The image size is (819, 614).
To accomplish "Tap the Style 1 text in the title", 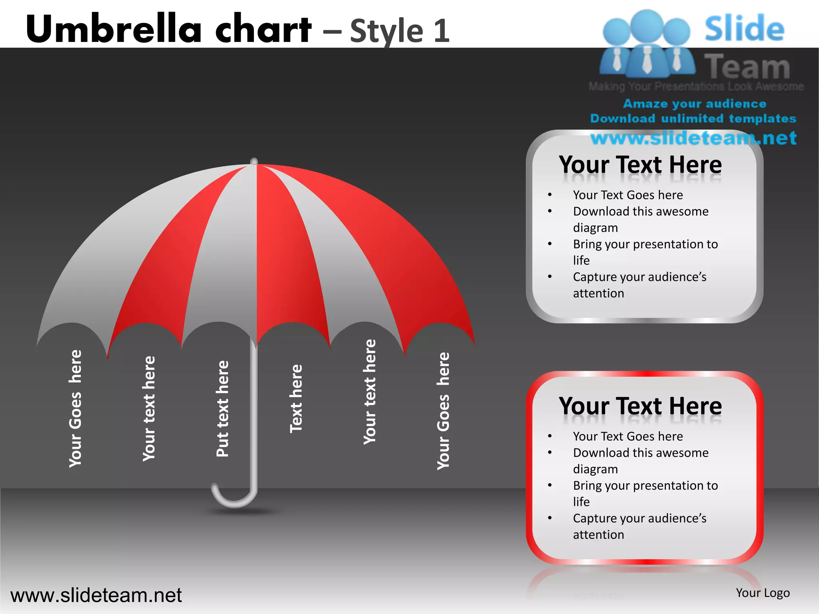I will pos(400,31).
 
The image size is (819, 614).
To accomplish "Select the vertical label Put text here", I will pos(222,409).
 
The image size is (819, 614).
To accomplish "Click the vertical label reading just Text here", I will pos(296,399).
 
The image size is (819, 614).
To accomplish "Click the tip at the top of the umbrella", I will pos(254,161).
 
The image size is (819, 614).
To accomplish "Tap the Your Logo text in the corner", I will pos(763,593).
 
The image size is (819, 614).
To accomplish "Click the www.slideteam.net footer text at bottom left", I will pos(96,595).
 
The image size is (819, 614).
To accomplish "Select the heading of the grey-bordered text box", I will pos(640,165).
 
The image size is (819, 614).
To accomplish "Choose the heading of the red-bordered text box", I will pos(640,406).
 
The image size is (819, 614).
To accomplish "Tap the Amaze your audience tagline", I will pos(695,104).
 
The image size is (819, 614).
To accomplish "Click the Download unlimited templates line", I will pos(693,119).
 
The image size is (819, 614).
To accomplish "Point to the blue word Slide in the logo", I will pos(744,29).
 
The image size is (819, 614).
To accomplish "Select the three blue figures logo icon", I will pos(647,44).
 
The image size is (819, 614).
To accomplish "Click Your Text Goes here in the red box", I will pos(627,436).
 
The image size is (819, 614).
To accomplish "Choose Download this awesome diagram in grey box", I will pos(640,219).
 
